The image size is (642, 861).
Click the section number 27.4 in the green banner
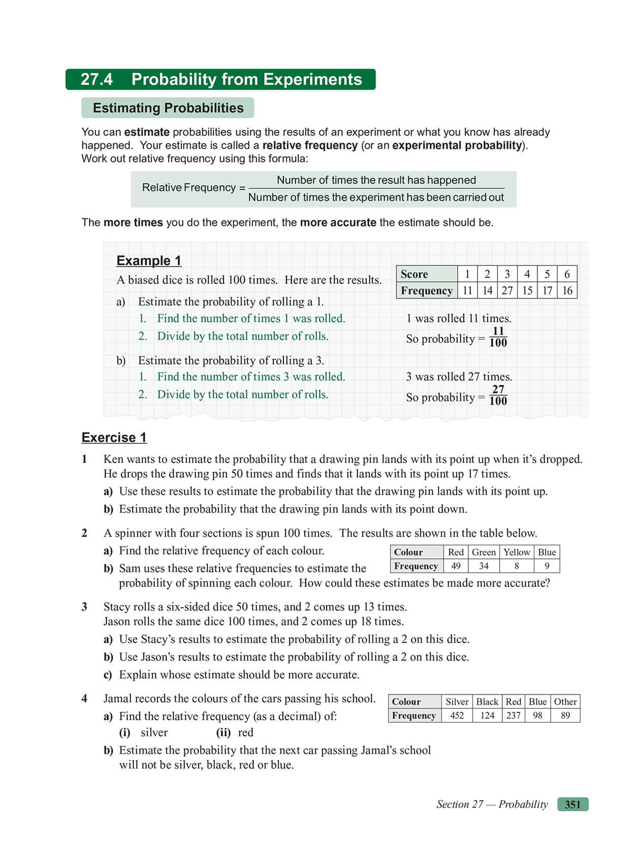97,80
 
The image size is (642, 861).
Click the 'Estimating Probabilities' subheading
168,108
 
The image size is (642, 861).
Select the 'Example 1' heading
148,260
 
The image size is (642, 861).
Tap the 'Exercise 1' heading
114,438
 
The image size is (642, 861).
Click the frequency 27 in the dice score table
507,290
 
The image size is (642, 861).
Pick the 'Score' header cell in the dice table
414,274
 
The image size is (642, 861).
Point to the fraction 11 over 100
498,337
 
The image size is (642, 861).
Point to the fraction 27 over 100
498,395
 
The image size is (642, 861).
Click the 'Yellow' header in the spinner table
517,552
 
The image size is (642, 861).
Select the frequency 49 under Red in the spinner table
456,566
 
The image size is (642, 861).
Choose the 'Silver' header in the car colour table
457,702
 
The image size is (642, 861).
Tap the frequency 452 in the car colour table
457,716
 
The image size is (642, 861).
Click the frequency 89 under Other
565,716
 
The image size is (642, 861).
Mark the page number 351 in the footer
572,805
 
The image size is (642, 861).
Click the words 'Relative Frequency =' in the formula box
194,188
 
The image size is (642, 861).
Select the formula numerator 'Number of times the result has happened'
376,180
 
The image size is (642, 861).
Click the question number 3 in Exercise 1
84,607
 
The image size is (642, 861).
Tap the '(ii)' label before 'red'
223,733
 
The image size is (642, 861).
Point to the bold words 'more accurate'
338,222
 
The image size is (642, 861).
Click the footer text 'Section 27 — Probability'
492,805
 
